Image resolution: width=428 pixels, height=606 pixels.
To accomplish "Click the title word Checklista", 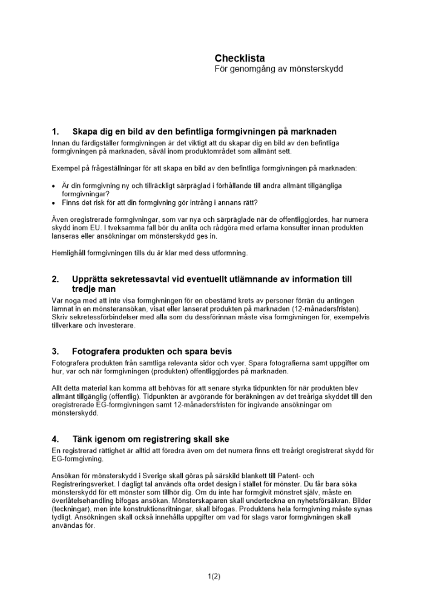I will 240,58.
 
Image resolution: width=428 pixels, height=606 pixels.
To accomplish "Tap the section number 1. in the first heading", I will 56,132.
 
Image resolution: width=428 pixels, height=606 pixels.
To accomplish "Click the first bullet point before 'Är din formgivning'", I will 54,185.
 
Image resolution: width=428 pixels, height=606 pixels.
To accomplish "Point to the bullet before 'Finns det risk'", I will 54,202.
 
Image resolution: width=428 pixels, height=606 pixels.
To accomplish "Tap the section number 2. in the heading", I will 56,279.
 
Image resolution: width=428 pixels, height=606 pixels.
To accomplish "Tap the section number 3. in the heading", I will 56,351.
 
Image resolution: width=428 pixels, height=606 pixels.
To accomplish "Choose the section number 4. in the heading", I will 56,439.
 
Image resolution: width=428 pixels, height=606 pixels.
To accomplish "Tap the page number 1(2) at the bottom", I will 214,576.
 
